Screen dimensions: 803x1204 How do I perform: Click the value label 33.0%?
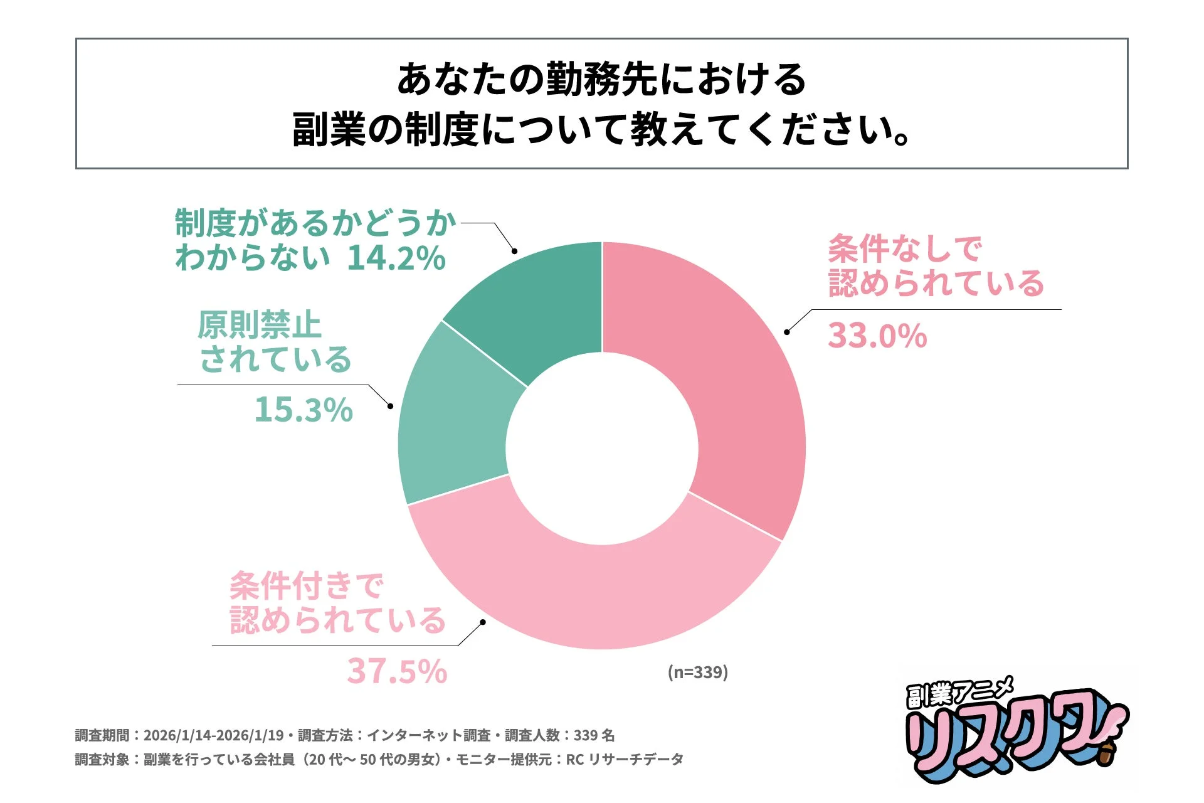pyautogui.click(x=877, y=336)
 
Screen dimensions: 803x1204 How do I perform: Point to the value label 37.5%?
pyautogui.click(x=397, y=671)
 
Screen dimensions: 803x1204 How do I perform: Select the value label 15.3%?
pyautogui.click(x=304, y=410)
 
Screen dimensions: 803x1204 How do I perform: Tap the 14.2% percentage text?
pyautogui.click(x=396, y=258)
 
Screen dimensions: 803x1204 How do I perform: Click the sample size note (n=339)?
pyautogui.click(x=697, y=672)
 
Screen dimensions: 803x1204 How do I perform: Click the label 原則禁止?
pyautogui.click(x=259, y=325)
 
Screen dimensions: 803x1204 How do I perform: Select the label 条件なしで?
pyautogui.click(x=905, y=249)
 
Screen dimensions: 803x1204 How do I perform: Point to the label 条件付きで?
pyautogui.click(x=306, y=586)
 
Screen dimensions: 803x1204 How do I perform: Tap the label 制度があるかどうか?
pyautogui.click(x=315, y=223)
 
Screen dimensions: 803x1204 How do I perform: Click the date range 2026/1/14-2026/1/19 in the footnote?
pyautogui.click(x=214, y=735)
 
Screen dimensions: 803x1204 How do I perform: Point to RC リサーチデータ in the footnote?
pyautogui.click(x=625, y=760)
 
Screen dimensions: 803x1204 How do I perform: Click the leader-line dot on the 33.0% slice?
pyautogui.click(x=786, y=332)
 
